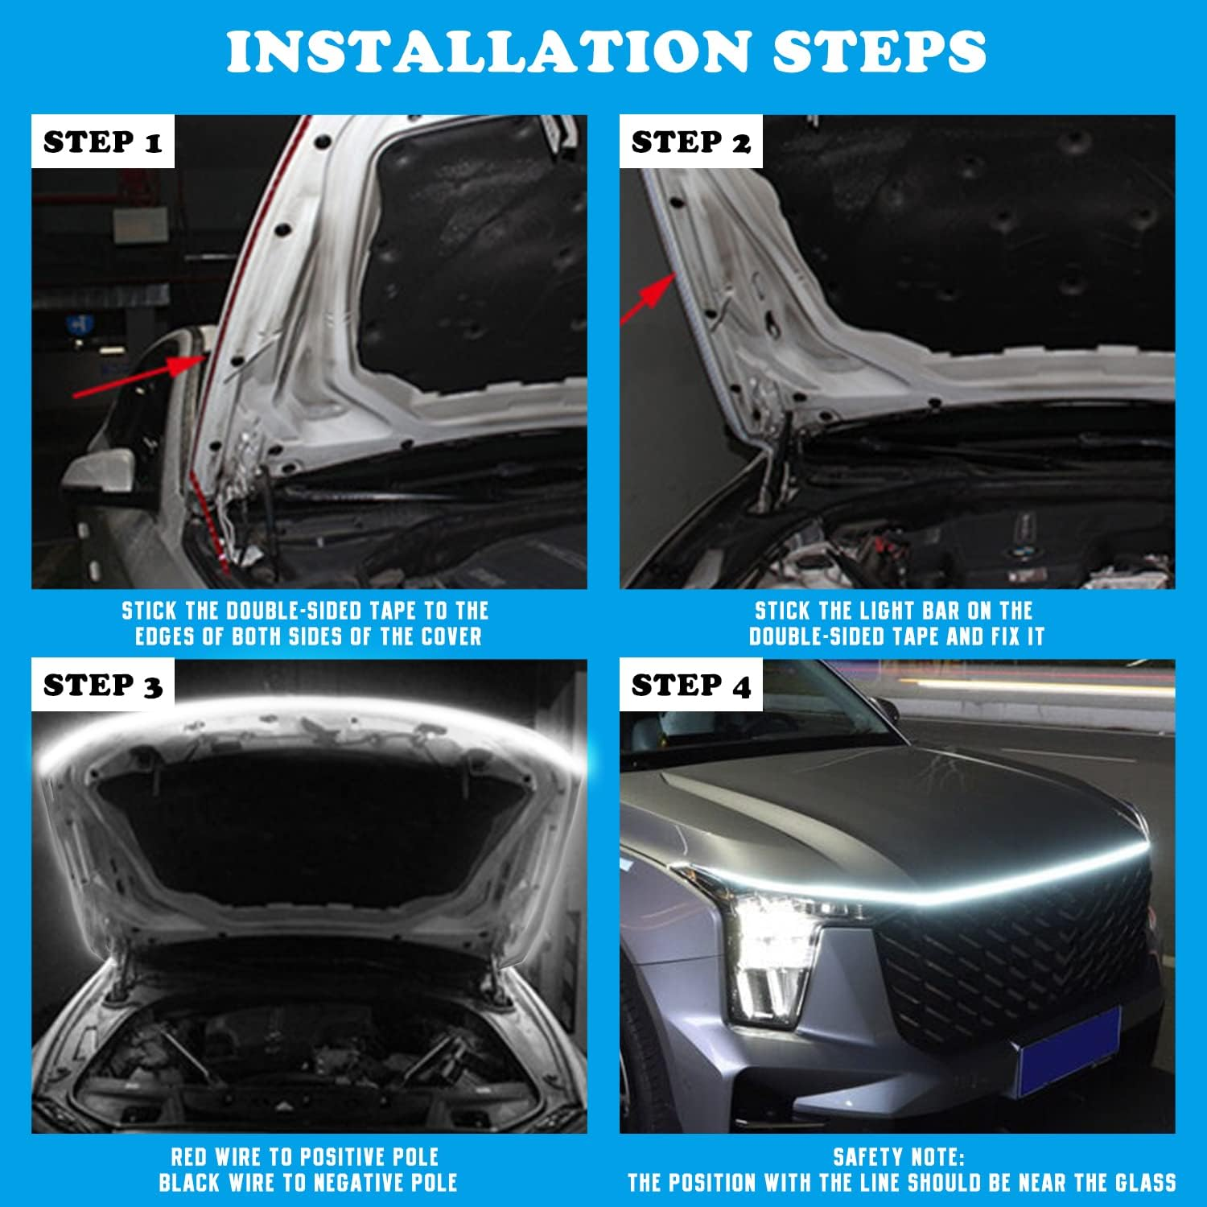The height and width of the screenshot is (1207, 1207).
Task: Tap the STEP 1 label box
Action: (103, 142)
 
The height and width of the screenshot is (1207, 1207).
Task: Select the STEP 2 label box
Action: (690, 142)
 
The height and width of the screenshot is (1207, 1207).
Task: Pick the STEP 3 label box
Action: (103, 686)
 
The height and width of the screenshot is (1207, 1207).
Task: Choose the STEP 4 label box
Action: (690, 686)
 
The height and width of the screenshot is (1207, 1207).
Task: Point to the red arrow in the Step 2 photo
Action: (649, 297)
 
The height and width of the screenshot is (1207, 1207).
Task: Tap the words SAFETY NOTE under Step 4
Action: (898, 1158)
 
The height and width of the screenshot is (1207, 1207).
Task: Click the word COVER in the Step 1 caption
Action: (451, 636)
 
